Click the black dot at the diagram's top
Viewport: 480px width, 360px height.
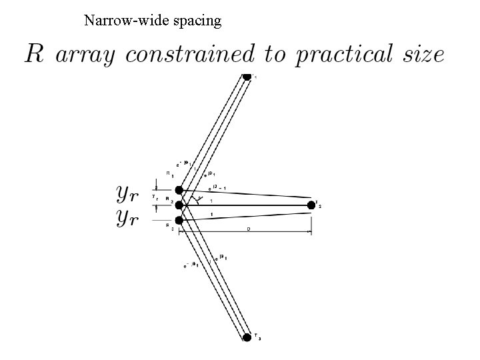click(247, 76)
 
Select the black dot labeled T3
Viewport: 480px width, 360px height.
click(247, 337)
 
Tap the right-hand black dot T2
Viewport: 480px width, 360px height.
click(311, 205)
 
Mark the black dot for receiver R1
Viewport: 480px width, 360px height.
click(179, 190)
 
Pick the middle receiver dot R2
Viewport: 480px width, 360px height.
click(179, 205)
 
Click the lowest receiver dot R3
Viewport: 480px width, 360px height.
click(179, 220)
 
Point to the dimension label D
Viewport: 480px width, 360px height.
click(248, 228)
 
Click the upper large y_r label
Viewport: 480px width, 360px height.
click(127, 193)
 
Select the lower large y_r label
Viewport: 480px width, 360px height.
click(127, 217)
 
